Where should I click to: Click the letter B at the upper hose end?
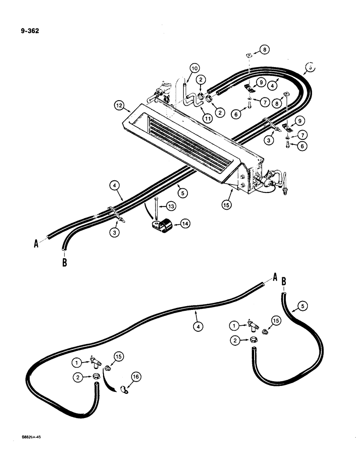[64, 263]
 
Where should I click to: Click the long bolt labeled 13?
[156, 210]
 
